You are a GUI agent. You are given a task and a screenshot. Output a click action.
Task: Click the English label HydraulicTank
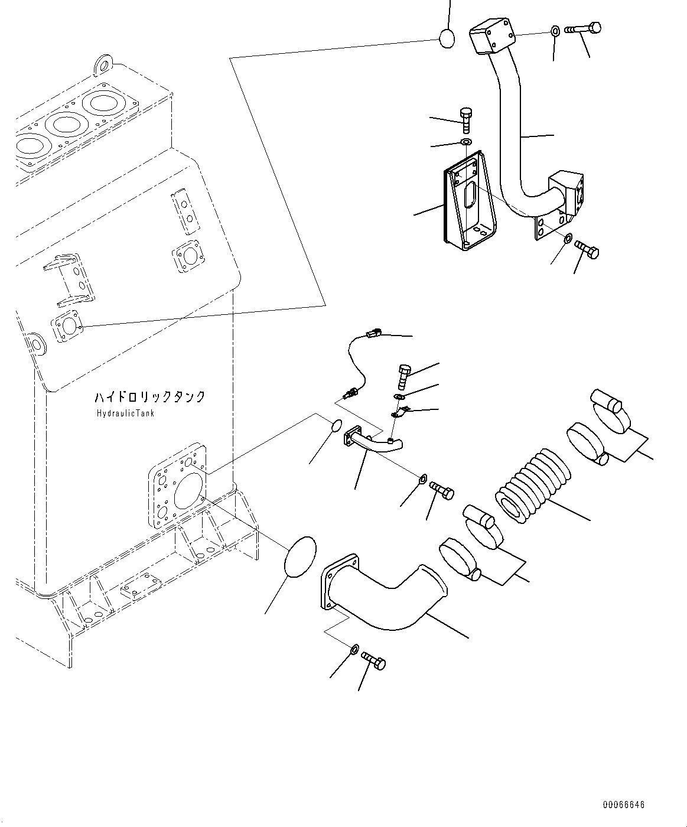click(x=125, y=413)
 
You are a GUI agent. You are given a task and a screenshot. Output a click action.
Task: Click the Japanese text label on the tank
click(x=150, y=397)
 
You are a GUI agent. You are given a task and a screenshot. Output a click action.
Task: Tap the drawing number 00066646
click(x=624, y=805)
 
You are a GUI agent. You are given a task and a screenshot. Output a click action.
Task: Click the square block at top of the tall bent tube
click(x=491, y=35)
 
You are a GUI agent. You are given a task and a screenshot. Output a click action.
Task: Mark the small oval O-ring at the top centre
click(x=447, y=39)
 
